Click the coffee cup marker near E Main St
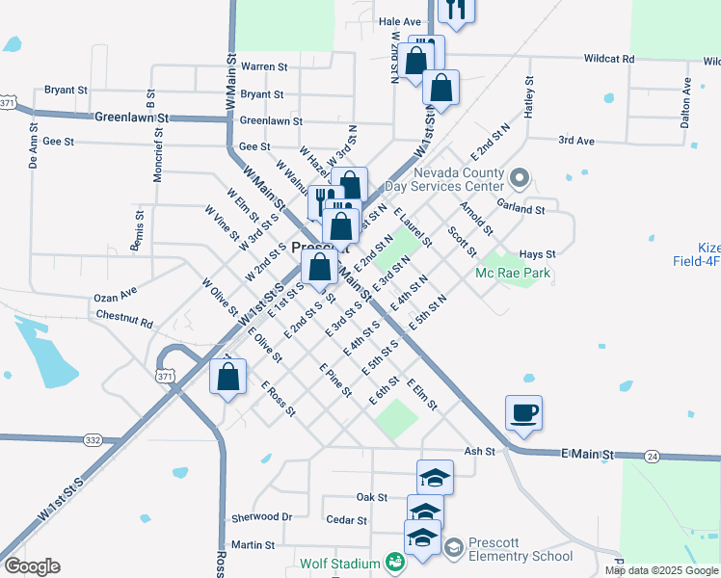tap(523, 414)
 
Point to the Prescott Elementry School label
tap(520, 549)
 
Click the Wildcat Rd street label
tap(609, 59)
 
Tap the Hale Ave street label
tap(400, 21)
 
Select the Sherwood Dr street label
tap(261, 517)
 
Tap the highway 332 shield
tap(93, 439)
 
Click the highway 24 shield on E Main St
tap(653, 455)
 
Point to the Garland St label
tap(521, 207)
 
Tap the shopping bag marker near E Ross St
tap(227, 378)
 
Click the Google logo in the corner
tap(32, 566)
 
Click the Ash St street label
tap(479, 451)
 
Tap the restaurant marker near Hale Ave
tap(456, 10)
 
